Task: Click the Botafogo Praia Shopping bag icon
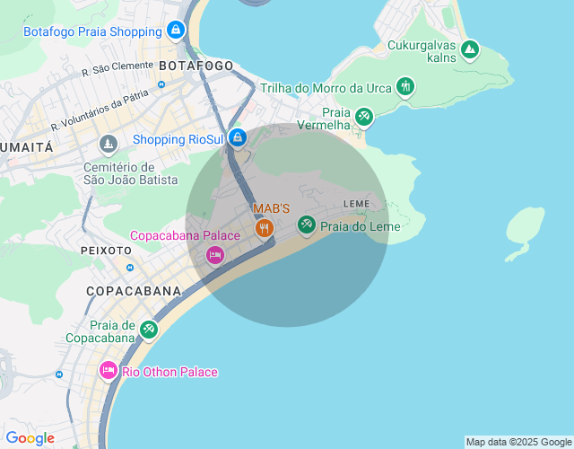[x=176, y=31]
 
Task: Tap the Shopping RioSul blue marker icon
[x=238, y=138]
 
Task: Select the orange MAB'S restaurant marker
[x=264, y=228]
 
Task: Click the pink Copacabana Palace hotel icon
[x=215, y=255]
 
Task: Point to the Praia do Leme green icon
[x=307, y=225]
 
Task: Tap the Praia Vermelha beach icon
[x=363, y=117]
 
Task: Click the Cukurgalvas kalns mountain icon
[x=469, y=50]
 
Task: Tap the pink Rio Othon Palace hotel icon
[x=109, y=371]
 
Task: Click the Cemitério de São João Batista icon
[x=109, y=144]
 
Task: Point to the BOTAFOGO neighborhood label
[x=196, y=66]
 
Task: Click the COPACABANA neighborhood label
[x=134, y=291]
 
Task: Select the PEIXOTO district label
[x=106, y=250]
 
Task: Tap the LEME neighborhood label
[x=356, y=204]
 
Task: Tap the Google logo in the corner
[x=30, y=438]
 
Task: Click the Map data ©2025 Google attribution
[x=518, y=442]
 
